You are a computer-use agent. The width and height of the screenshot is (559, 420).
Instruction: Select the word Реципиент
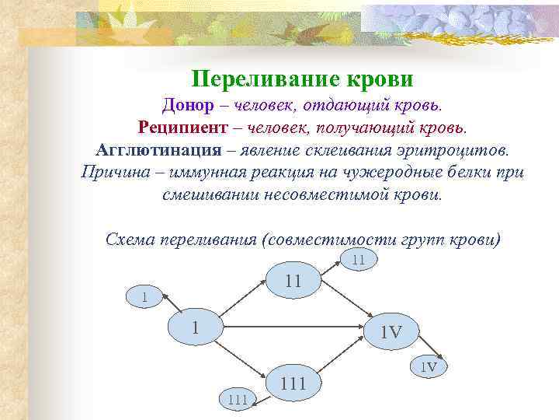(x=183, y=126)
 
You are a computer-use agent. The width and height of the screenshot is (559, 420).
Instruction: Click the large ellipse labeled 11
(x=293, y=281)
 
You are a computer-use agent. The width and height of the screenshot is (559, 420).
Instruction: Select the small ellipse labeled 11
(x=358, y=261)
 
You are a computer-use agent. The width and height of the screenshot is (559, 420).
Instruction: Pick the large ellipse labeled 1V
(x=391, y=332)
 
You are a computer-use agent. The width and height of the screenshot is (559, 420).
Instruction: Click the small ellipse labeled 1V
(x=429, y=366)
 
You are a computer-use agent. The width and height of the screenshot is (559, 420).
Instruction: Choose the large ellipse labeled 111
(x=293, y=382)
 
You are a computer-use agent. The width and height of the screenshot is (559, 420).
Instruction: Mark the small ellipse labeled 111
(x=238, y=400)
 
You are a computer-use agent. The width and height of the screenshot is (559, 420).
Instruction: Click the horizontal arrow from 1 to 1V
(x=295, y=329)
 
